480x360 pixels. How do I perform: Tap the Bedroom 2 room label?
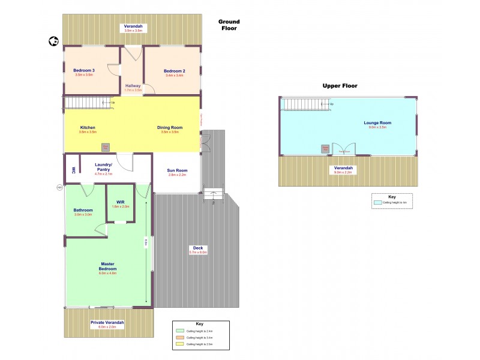(175, 71)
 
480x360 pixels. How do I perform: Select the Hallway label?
(133, 86)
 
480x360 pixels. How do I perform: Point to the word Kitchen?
(88, 128)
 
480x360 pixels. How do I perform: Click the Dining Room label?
(170, 128)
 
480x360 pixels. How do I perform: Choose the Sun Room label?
(178, 170)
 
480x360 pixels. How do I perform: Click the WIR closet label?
(121, 202)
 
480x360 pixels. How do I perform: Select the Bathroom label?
(83, 210)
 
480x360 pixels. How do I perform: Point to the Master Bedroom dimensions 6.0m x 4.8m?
(107, 273)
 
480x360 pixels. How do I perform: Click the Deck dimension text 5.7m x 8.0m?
(197, 253)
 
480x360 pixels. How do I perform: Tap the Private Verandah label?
(107, 322)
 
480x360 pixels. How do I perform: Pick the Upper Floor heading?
(340, 86)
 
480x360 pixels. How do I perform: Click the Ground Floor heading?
(229, 25)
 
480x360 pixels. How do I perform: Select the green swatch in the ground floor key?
(179, 331)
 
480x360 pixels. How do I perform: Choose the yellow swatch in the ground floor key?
(179, 344)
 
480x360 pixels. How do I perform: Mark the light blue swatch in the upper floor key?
(377, 203)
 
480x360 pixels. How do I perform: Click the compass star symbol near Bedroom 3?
(53, 41)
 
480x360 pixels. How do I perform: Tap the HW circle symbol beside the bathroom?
(59, 187)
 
